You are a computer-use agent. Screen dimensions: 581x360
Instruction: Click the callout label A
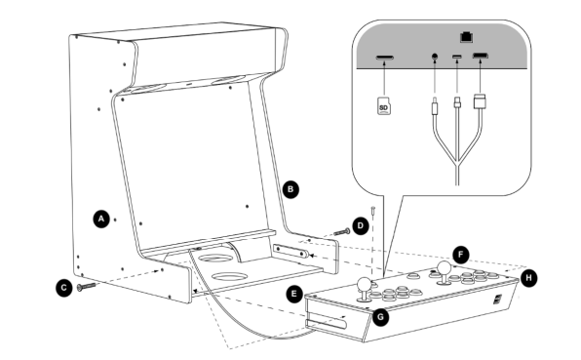click(101, 220)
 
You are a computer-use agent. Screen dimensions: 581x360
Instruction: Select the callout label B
click(290, 189)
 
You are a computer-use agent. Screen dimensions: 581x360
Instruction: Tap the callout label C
click(64, 288)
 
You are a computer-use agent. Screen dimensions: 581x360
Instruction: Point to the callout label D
click(361, 225)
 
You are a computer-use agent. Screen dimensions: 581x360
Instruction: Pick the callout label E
click(294, 294)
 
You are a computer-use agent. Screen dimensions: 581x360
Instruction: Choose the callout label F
click(461, 255)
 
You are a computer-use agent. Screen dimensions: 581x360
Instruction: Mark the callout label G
click(380, 317)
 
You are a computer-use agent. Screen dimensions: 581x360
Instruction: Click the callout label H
click(528, 278)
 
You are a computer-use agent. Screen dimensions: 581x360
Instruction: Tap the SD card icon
click(384, 106)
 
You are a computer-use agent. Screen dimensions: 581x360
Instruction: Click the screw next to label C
click(86, 286)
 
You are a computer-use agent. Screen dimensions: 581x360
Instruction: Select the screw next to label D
click(341, 232)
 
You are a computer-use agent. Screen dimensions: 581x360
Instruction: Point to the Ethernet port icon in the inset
click(466, 37)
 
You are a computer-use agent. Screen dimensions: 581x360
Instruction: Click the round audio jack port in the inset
click(435, 57)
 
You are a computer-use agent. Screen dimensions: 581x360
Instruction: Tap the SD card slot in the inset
click(385, 58)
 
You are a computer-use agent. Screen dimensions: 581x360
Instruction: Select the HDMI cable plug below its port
click(480, 101)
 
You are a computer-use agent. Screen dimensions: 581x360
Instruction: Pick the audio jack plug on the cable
click(435, 106)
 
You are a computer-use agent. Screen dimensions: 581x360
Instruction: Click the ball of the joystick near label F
click(444, 267)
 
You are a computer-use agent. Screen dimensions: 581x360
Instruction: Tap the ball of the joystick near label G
click(365, 284)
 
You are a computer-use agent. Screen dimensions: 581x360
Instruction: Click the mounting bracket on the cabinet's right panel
click(290, 251)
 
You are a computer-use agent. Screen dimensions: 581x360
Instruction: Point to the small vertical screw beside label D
click(373, 210)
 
